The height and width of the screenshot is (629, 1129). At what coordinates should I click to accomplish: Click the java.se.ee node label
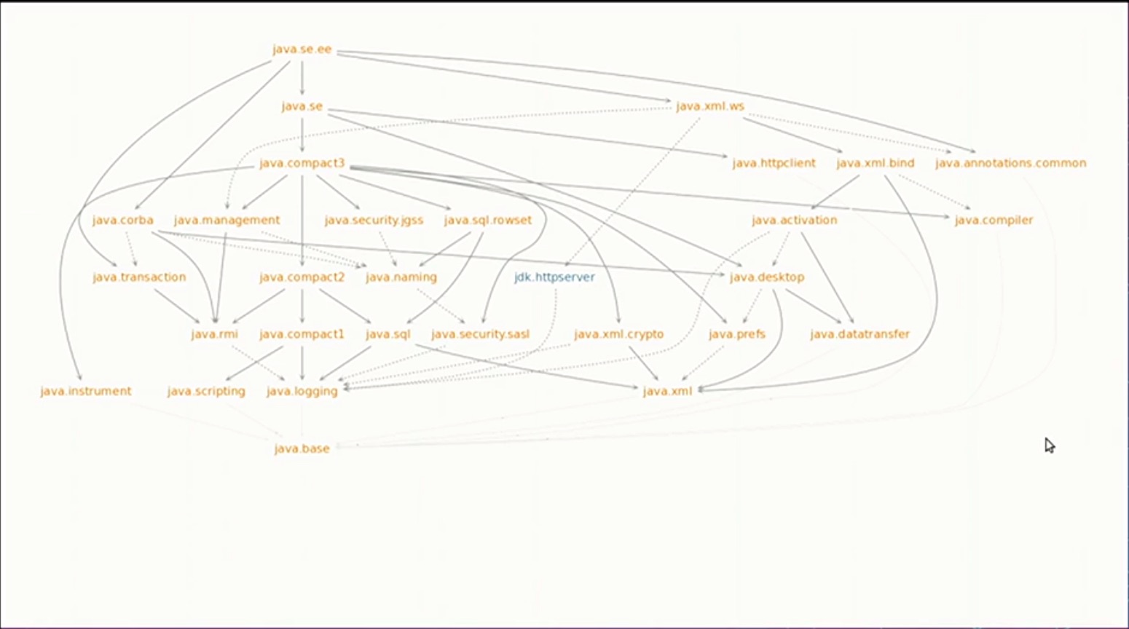click(302, 50)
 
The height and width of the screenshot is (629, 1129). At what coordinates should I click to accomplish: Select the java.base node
click(302, 448)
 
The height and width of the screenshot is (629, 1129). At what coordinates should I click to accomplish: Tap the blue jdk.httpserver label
click(554, 277)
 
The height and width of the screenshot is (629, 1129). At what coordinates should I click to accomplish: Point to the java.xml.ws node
click(710, 106)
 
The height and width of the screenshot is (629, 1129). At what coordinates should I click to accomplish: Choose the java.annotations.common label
click(1010, 163)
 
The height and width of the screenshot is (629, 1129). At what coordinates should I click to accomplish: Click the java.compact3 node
click(302, 163)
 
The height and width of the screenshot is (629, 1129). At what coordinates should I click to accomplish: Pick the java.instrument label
click(86, 391)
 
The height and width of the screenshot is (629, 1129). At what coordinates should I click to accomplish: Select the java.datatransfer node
click(859, 334)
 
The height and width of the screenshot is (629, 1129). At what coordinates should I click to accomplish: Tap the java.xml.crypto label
click(618, 334)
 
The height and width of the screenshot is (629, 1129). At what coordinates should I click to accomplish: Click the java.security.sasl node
click(480, 334)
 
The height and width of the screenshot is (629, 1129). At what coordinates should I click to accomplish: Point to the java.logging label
click(302, 391)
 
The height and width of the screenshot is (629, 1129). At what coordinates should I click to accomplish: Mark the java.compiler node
click(994, 220)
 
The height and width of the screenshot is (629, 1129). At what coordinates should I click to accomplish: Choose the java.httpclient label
click(774, 163)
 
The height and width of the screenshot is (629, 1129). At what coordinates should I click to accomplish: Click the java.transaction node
click(139, 277)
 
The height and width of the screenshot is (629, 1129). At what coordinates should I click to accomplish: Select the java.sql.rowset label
click(487, 220)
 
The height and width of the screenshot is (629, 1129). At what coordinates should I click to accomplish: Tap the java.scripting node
click(206, 391)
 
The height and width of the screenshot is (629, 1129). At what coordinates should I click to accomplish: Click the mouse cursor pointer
click(1049, 445)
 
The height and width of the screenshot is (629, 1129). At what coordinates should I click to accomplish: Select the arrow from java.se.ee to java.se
click(302, 78)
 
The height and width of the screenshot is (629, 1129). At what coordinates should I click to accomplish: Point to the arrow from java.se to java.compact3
click(302, 135)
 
